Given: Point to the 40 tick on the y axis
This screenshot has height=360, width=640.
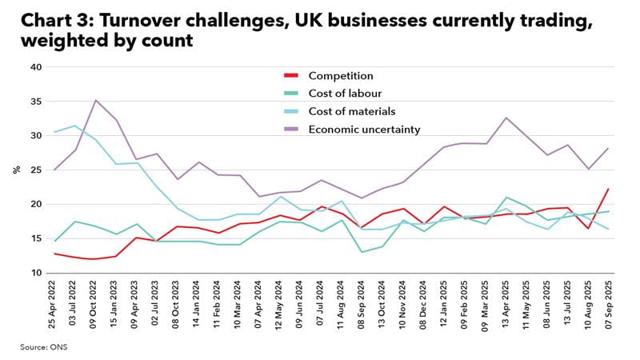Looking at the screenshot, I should pos(35,67).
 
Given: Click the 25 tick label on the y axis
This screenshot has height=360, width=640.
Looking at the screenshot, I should pos(35,170).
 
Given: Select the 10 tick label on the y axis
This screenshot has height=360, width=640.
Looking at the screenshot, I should pos(35,273).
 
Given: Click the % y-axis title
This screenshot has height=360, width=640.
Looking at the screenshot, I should pos(16,170).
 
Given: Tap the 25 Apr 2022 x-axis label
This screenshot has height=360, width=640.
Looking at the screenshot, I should pos(54,308).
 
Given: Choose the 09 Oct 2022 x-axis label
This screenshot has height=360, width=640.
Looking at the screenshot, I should pos(96,308).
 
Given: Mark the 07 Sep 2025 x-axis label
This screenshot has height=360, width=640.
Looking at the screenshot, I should pos(610,308).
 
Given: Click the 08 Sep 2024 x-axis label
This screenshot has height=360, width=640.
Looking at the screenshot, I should pos(363,308).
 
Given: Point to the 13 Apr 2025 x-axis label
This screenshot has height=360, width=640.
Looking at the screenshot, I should pos(507,308).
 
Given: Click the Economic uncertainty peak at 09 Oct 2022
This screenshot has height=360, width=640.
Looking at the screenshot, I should pos(96,100).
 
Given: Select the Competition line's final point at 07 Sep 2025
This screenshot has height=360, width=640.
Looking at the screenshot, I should pos(610,189).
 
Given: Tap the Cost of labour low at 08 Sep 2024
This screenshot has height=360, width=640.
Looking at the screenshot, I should pos(363,252).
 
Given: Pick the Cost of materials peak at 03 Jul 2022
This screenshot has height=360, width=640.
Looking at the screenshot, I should pos(75,126).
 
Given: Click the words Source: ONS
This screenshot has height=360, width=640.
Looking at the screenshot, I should pos(44,347).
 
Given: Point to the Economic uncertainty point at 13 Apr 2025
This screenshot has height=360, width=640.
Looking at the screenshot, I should pos(507,118).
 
